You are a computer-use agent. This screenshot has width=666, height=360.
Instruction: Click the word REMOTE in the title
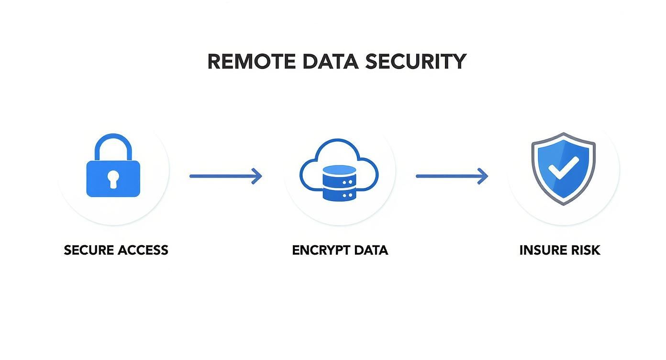(252, 62)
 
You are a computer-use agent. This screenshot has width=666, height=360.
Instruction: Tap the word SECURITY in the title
(415, 62)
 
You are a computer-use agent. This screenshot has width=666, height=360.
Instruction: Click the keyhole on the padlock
(113, 179)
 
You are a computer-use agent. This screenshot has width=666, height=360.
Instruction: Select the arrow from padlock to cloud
(225, 176)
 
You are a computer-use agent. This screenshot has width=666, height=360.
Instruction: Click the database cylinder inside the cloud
(339, 182)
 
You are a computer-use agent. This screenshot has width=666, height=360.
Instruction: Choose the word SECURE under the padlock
(89, 250)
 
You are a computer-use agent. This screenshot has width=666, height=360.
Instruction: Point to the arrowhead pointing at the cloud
(257, 176)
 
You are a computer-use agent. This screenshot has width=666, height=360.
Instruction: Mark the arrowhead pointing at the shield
(483, 176)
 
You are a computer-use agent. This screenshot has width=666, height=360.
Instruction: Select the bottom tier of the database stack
(339, 194)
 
